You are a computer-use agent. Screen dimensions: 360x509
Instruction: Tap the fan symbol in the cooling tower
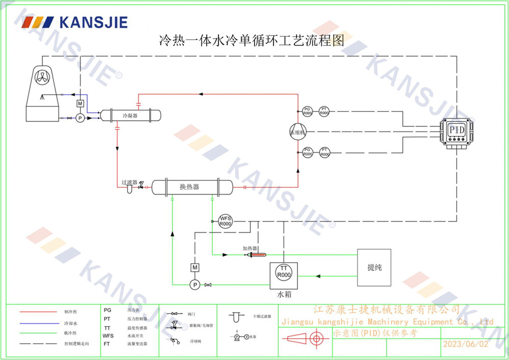[43, 78]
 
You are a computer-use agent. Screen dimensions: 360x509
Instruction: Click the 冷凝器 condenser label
[130, 116]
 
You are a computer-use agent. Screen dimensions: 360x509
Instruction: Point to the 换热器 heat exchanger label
[189, 187]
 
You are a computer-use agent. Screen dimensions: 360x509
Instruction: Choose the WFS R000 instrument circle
[225, 221]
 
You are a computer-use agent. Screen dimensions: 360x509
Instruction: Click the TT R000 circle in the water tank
[284, 272]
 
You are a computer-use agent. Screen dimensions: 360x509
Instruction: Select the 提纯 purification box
[374, 267]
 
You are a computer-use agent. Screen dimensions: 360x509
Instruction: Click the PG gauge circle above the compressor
[307, 110]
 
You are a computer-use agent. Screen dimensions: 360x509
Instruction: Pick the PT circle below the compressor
[325, 152]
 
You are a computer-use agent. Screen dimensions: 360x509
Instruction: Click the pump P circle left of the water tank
[194, 284]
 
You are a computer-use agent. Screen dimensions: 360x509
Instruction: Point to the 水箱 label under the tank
[284, 295]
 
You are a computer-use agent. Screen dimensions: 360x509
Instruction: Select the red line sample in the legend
[38, 311]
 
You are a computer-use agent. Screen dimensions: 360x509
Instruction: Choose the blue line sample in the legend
[38, 322]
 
